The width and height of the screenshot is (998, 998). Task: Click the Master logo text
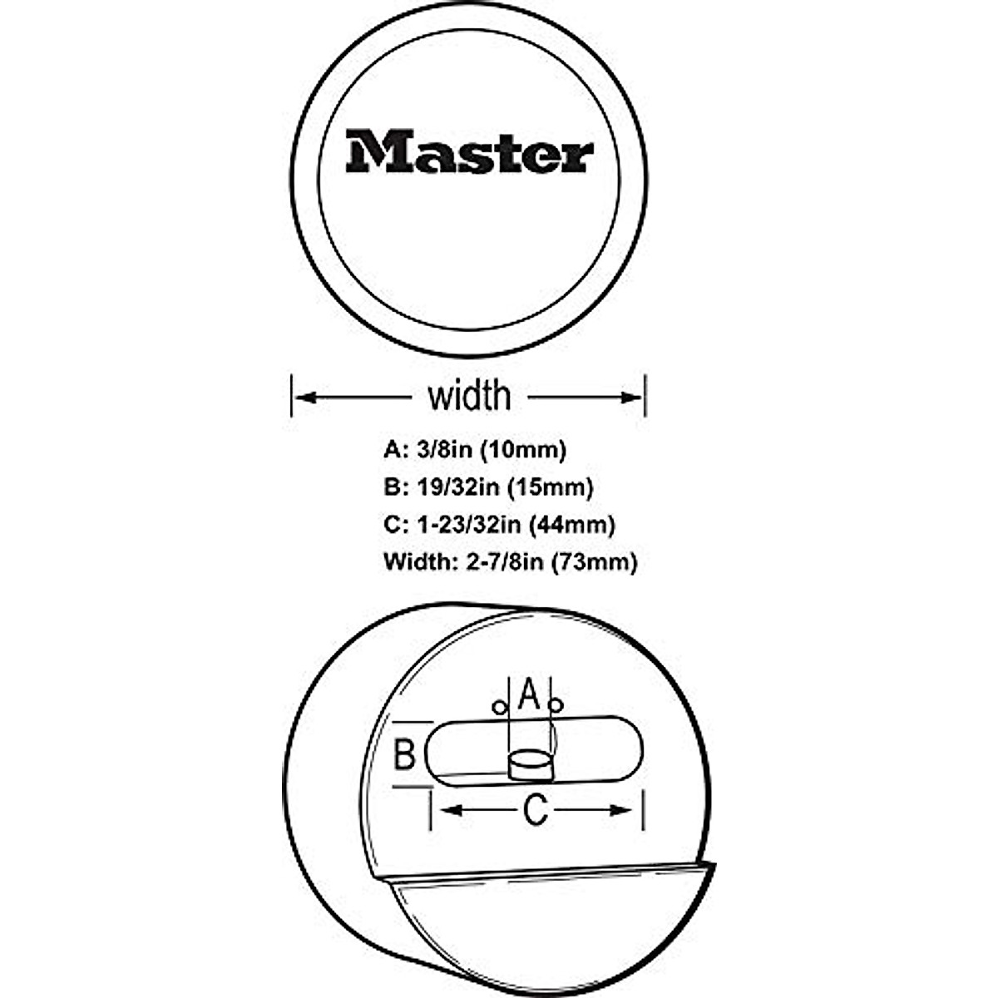point(470,151)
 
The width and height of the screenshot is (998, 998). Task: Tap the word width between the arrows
point(469,397)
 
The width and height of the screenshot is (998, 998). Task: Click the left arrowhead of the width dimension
point(304,398)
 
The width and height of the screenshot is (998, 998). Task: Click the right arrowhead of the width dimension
point(633,398)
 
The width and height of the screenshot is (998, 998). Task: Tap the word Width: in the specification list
point(417,563)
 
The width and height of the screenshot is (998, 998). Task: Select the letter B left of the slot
point(404,756)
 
